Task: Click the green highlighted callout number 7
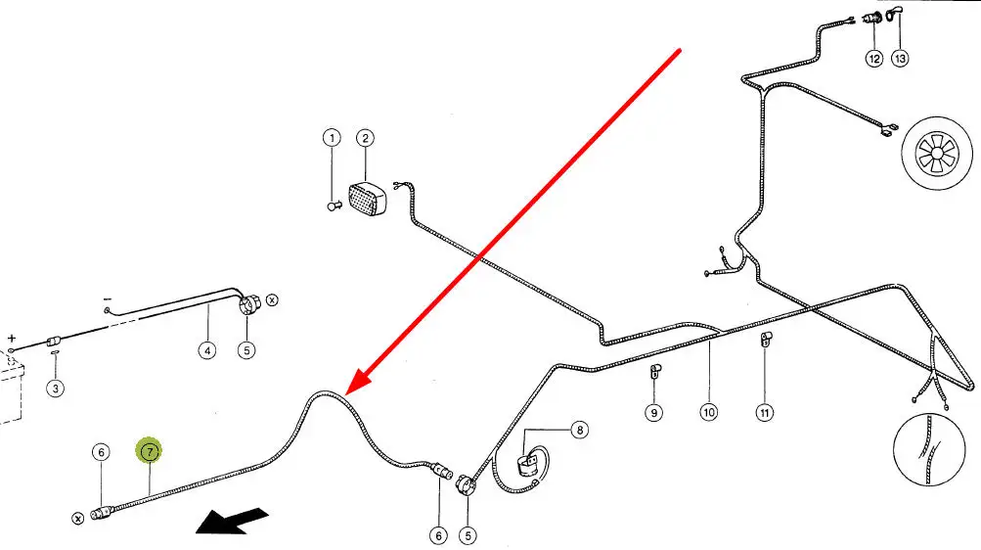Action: pos(150,451)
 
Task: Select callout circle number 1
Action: pos(332,138)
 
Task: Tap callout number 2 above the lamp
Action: pos(365,138)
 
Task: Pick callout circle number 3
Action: pos(56,389)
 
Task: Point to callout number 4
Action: pos(206,349)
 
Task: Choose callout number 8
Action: pos(580,430)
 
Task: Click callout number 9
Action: pos(653,412)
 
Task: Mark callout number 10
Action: pos(708,412)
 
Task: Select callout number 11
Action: pos(764,412)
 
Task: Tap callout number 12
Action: pos(873,59)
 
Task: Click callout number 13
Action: pos(900,59)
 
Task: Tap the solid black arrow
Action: pos(231,520)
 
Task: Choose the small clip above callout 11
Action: pos(767,341)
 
